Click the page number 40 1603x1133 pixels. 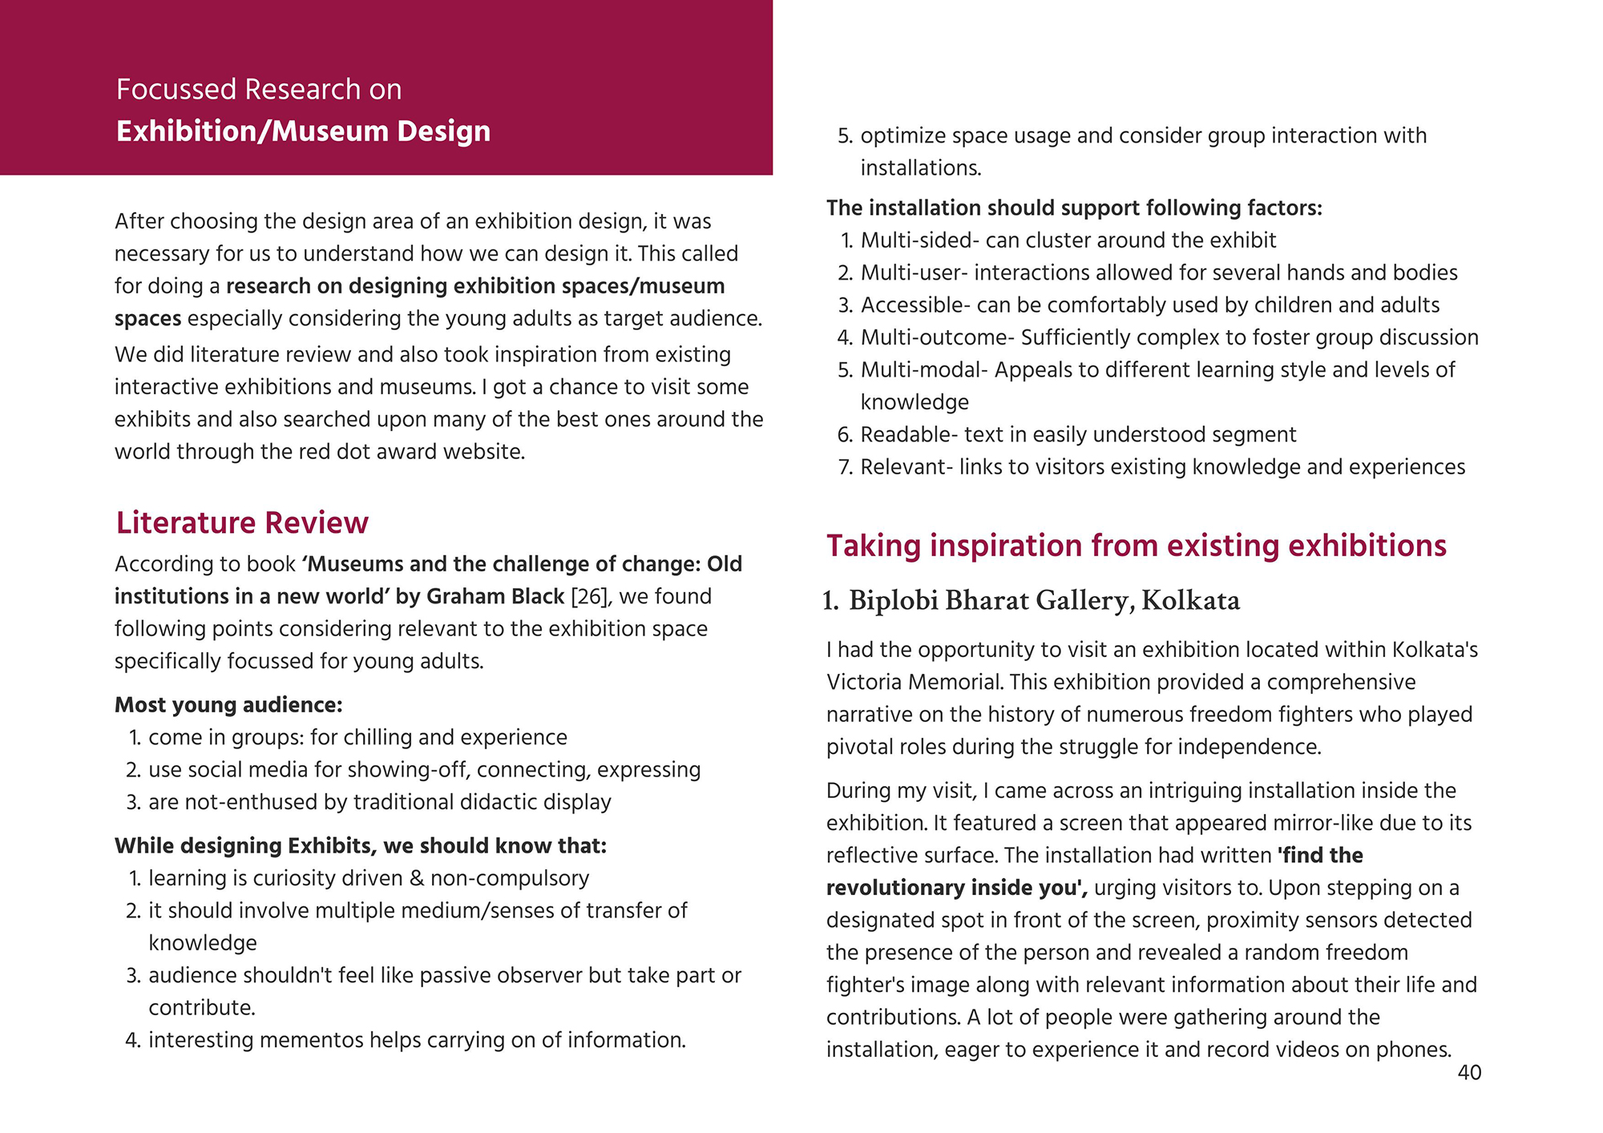tap(1468, 1073)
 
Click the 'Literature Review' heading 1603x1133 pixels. tap(242, 522)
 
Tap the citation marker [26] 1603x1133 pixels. tap(590, 596)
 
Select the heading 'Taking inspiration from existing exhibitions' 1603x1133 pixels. tap(1136, 546)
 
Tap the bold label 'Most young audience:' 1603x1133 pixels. tap(228, 705)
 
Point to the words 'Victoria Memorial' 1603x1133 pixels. tap(915, 682)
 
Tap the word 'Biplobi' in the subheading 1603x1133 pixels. tap(892, 600)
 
